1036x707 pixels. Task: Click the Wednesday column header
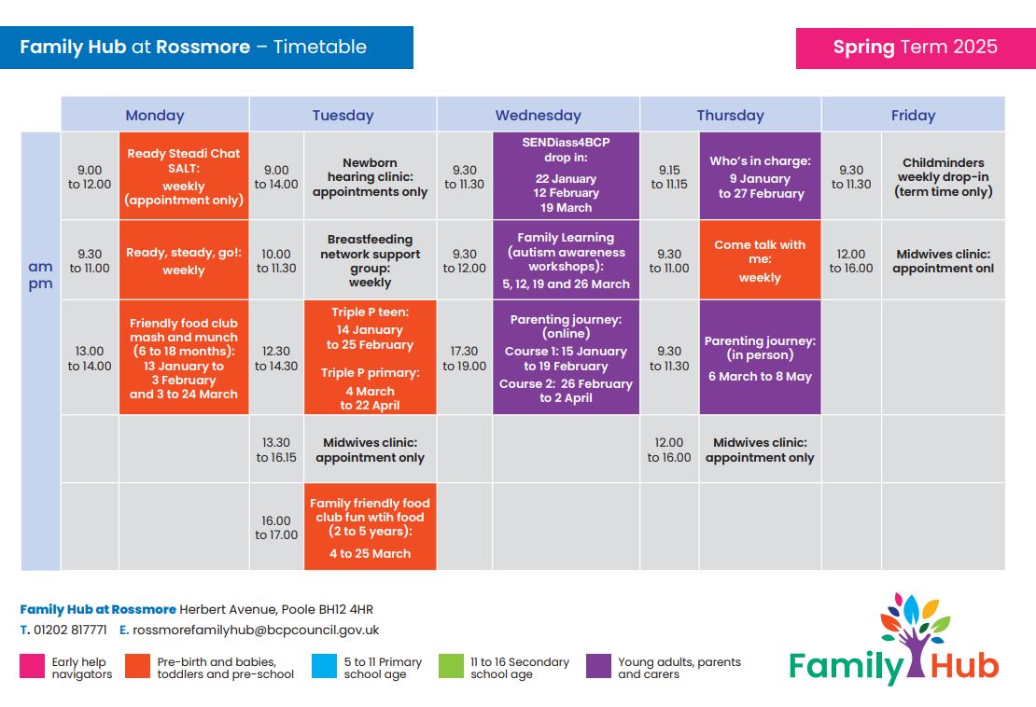538,115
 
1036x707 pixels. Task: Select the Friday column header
913,115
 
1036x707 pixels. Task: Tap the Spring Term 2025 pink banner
916,48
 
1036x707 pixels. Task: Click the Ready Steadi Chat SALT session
184,175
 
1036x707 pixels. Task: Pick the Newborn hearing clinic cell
370,176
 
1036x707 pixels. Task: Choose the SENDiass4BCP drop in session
566,175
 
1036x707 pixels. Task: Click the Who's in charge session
760,175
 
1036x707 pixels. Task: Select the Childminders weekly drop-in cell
943,176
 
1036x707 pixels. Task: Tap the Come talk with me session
760,260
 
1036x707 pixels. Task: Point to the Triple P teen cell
370,357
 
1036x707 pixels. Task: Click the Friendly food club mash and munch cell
184,357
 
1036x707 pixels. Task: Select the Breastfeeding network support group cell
370,260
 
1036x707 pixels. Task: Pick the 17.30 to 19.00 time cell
465,357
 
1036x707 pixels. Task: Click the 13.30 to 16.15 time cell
276,449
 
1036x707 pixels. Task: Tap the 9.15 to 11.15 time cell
669,176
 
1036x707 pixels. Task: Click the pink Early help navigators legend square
33,666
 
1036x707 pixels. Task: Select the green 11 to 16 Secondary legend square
452,666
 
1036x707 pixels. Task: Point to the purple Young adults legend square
598,666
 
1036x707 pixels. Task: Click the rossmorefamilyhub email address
256,630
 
